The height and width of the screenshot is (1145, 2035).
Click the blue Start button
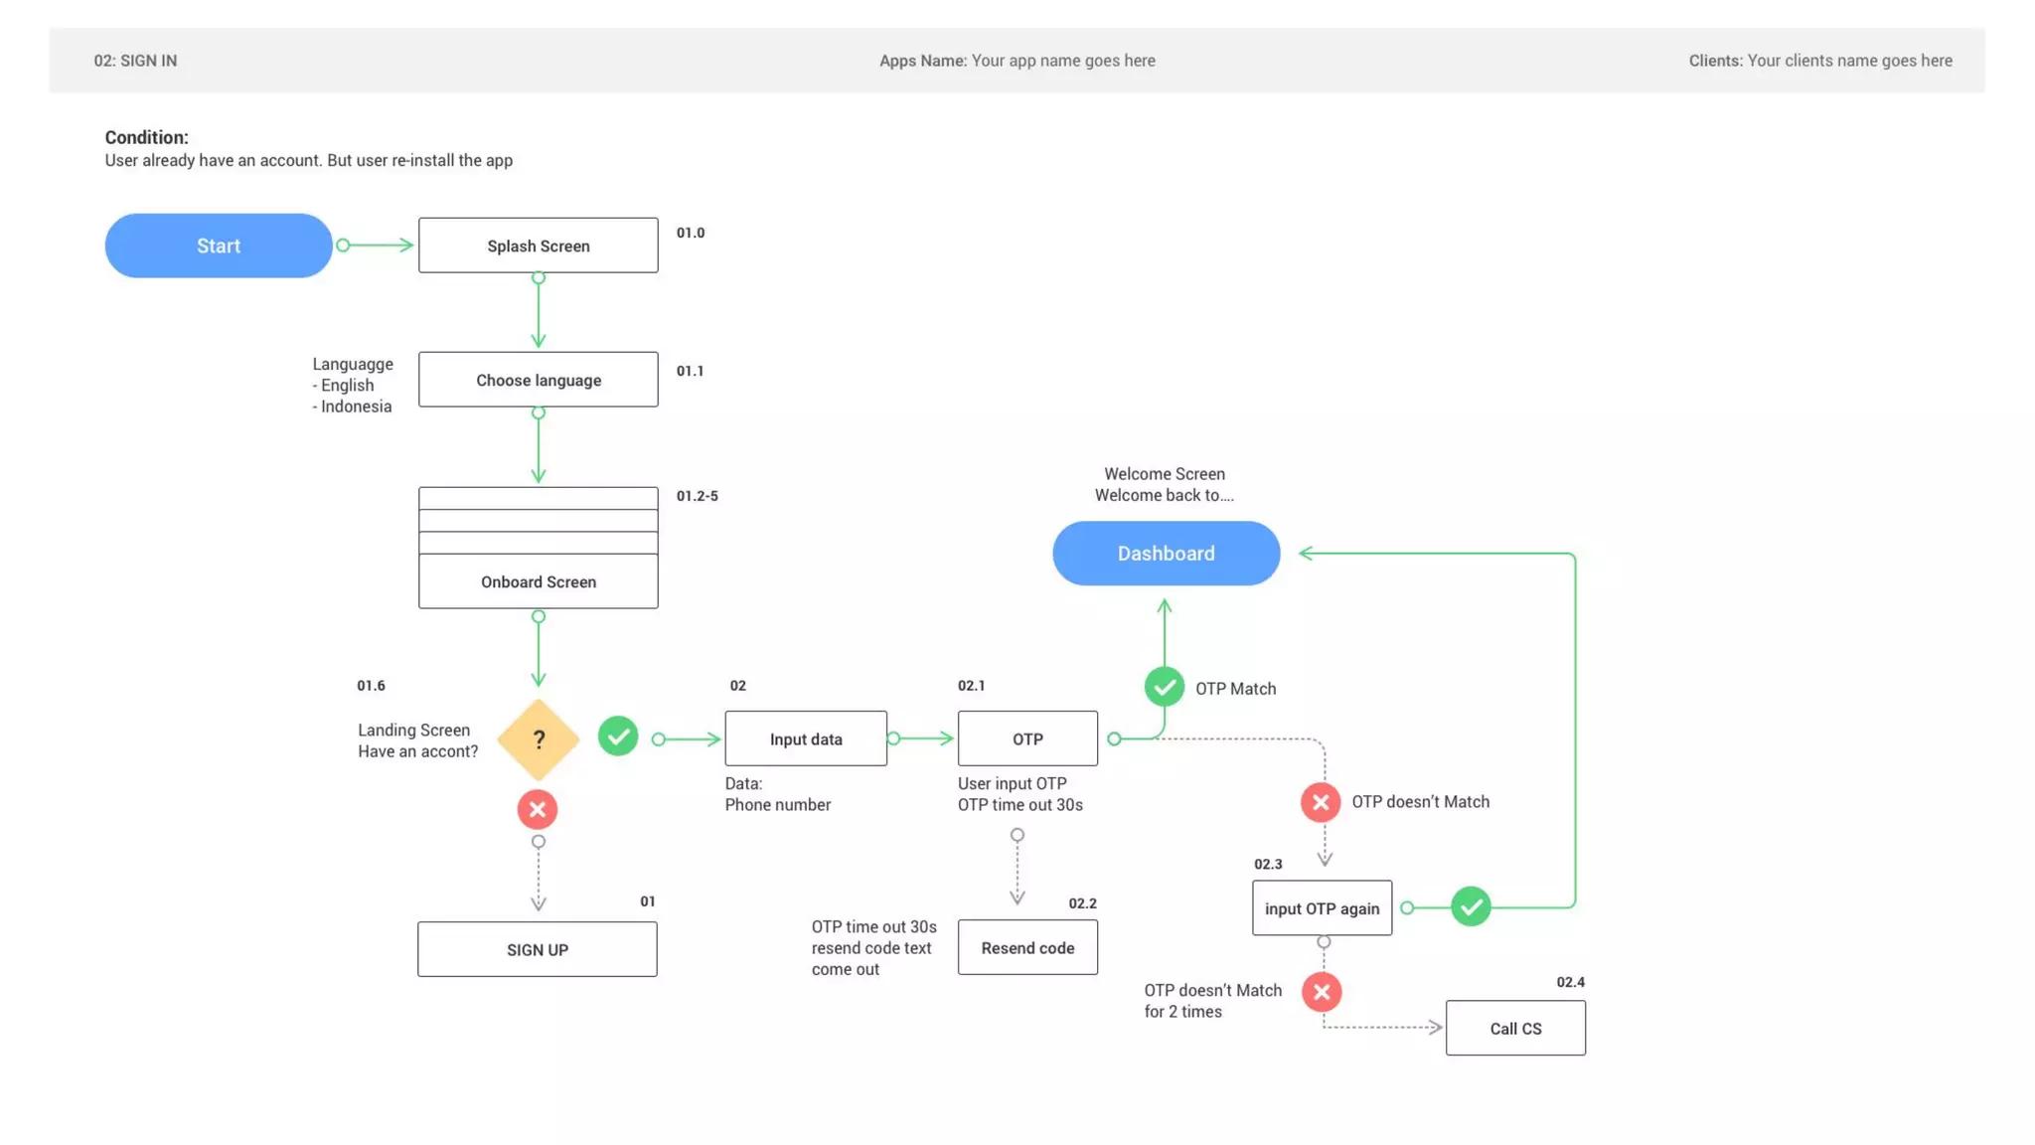[x=218, y=245]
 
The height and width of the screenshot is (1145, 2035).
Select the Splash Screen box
[x=538, y=245]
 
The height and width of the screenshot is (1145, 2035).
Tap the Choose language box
[x=538, y=380]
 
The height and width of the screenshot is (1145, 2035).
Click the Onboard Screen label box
[x=538, y=581]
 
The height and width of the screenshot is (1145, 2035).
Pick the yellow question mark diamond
[x=538, y=739]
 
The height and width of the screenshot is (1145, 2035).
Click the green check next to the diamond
[x=617, y=736]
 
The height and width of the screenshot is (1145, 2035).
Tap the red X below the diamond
[x=537, y=809]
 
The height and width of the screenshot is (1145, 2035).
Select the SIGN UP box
[x=537, y=949]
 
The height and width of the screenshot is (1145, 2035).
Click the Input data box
[x=805, y=738]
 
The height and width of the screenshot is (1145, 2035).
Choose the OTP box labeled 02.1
[x=1027, y=738]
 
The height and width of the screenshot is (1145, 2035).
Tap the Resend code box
[x=1027, y=947]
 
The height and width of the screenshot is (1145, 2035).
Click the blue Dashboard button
[x=1166, y=554]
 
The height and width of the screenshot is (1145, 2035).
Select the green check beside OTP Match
[x=1164, y=687]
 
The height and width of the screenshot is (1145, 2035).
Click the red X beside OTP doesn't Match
[x=1320, y=802]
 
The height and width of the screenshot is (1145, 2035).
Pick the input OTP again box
[x=1322, y=908]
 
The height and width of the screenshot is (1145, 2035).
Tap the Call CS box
[x=1514, y=1029]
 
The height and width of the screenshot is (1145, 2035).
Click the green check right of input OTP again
[x=1470, y=906]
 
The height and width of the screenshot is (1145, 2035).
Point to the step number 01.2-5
[x=697, y=496]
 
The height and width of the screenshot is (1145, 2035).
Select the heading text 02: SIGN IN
[x=135, y=61]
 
